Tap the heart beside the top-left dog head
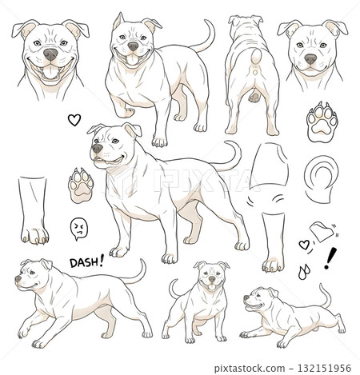(74, 120)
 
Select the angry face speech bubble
(78, 229)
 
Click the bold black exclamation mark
(330, 258)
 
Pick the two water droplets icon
(304, 271)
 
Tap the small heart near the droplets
(304, 245)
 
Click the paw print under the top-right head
(322, 122)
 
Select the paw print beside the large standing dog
(81, 186)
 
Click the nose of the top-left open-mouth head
(50, 54)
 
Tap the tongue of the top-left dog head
(50, 72)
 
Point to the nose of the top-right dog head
(310, 59)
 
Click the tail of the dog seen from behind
(256, 59)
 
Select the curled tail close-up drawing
(322, 178)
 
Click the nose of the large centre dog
(97, 149)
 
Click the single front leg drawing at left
(34, 210)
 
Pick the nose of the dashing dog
(18, 279)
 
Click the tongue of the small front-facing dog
(212, 287)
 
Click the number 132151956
(324, 369)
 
